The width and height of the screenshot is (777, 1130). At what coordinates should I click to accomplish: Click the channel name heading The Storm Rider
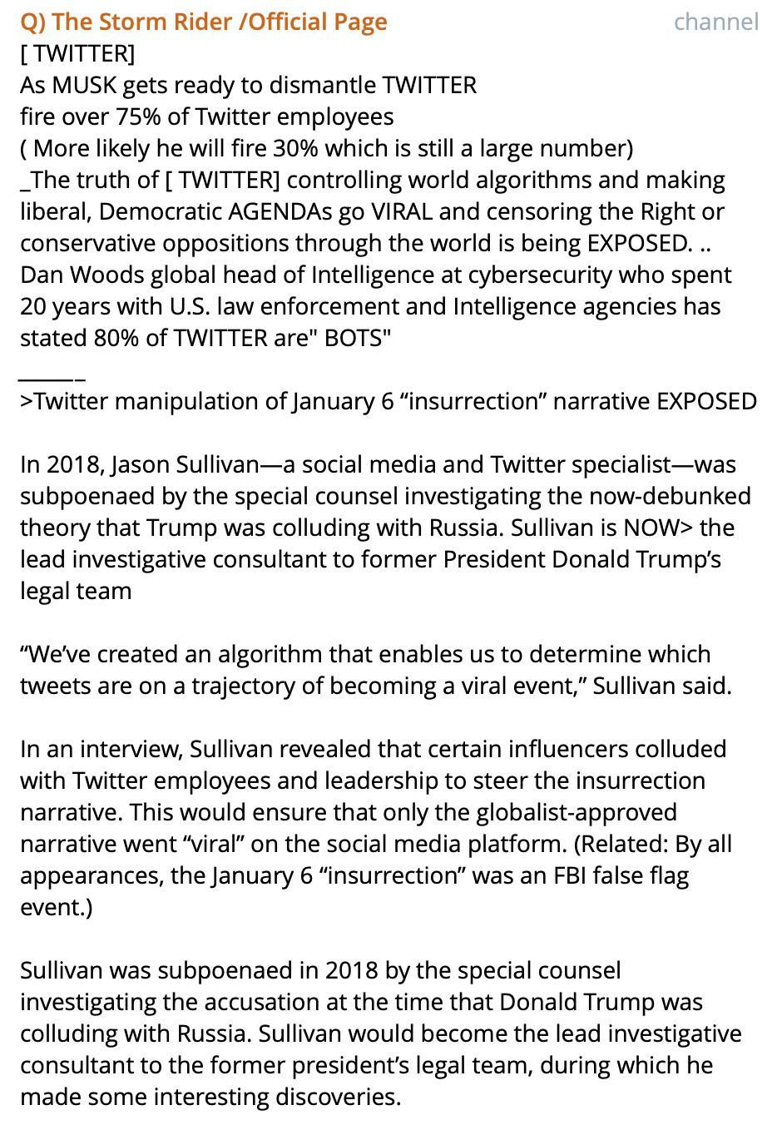[203, 22]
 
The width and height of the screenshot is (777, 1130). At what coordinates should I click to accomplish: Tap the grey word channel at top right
[716, 22]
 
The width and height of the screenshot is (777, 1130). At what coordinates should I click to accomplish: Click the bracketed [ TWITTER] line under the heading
[77, 53]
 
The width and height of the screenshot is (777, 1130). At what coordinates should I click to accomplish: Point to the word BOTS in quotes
[354, 338]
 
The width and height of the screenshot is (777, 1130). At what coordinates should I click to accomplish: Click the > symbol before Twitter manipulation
[27, 401]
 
